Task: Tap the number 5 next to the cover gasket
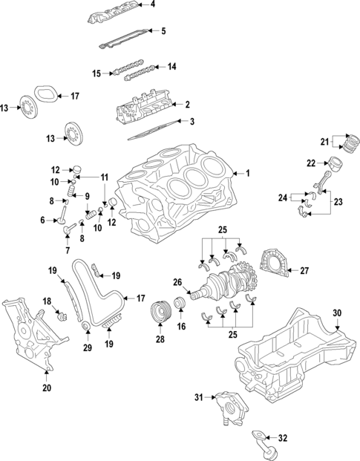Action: click(164, 30)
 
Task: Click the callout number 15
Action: click(96, 73)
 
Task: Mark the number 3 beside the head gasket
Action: click(192, 122)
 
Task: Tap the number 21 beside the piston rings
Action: click(324, 141)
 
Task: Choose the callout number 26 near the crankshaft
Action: click(177, 281)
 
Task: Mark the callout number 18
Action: click(46, 301)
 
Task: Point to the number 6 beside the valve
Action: click(42, 220)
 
